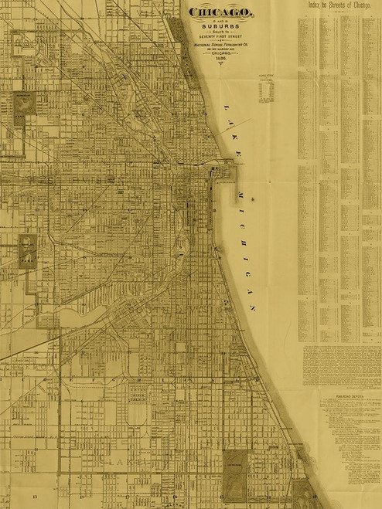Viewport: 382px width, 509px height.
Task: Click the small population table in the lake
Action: coord(268,90)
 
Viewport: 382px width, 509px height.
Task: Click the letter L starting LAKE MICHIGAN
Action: coord(223,109)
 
